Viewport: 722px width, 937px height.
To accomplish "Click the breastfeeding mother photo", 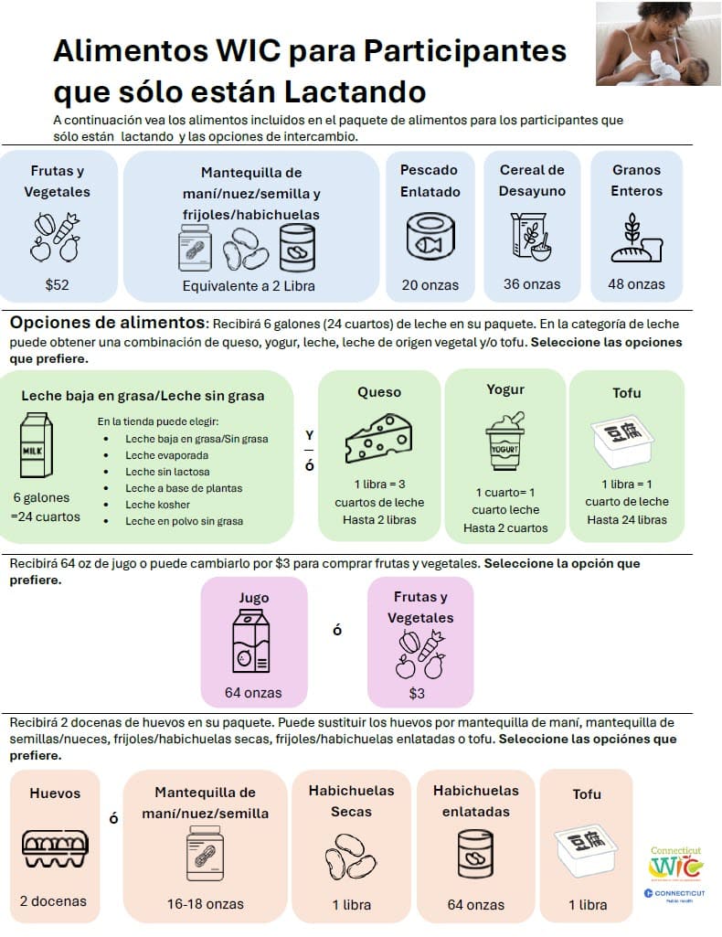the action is (x=658, y=44).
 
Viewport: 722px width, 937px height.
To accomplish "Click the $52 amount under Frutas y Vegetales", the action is (x=58, y=284).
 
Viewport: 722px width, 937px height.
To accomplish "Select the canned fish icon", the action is (x=430, y=237).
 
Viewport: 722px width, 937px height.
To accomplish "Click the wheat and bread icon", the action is (x=637, y=238).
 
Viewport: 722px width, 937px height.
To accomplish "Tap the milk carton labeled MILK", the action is (x=37, y=444).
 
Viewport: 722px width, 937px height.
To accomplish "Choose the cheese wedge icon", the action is (x=378, y=439).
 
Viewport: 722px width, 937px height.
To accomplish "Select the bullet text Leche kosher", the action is (x=158, y=505).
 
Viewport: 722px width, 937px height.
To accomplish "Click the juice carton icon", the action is (x=250, y=641).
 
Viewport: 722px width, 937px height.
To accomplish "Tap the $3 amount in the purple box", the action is (x=417, y=693).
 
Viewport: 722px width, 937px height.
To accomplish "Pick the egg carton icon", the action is (x=55, y=848).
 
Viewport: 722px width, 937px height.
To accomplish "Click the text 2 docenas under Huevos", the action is (x=53, y=901).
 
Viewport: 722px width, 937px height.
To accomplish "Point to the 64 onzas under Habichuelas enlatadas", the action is (x=476, y=905).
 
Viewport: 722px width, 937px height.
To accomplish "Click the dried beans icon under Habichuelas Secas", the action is (x=351, y=856).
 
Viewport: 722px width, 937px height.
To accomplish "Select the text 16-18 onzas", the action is (x=206, y=904).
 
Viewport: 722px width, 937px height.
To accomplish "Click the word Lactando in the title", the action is (x=355, y=92).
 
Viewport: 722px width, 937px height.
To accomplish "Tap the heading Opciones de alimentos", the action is (x=108, y=323).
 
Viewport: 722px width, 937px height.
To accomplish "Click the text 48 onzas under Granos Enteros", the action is (x=637, y=284).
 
